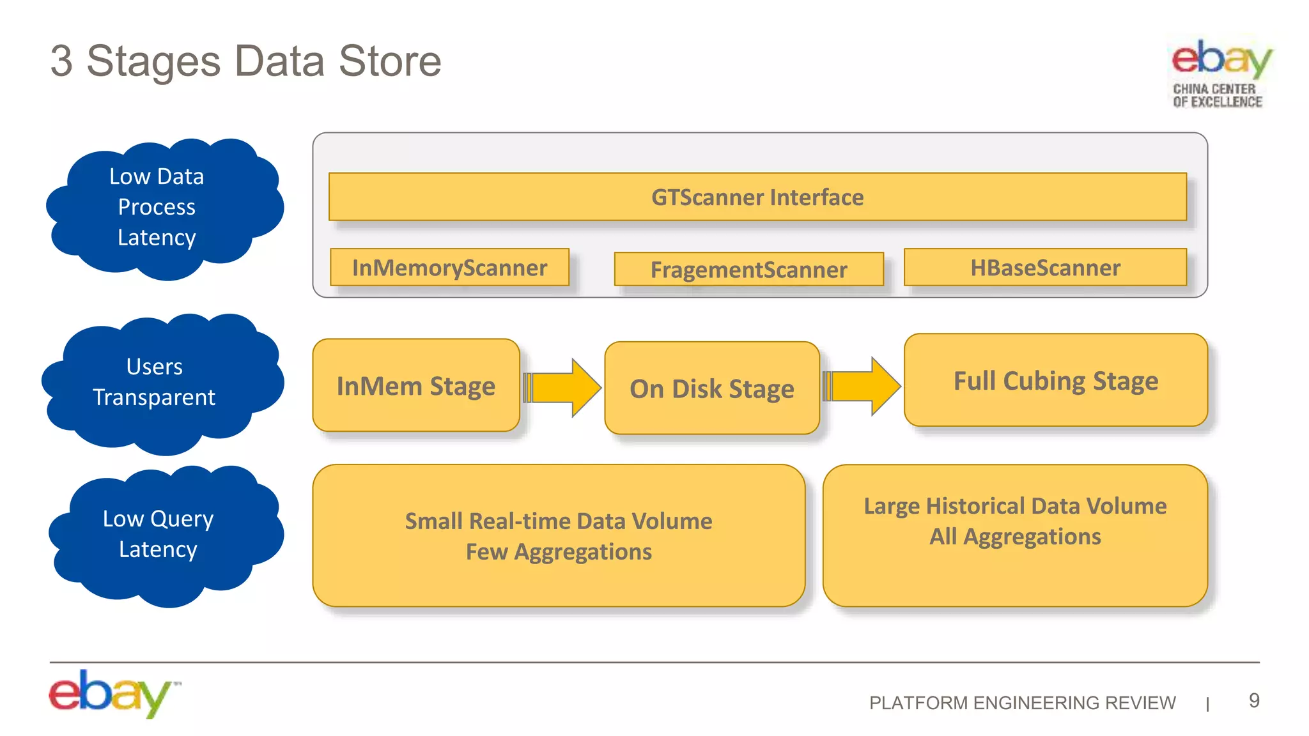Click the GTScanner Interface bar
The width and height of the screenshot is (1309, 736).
point(757,197)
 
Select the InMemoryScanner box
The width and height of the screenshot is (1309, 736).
point(449,267)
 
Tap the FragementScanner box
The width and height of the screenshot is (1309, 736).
point(748,269)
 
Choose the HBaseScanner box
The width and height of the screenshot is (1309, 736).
point(1045,267)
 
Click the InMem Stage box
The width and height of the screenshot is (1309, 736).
point(416,385)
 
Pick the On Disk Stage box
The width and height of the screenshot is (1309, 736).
point(712,388)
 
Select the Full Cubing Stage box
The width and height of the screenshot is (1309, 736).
point(1056,380)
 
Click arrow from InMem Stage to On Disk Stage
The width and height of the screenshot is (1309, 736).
point(562,387)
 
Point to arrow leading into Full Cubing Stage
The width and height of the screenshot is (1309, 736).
point(862,387)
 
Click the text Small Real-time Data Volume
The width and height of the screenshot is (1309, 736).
point(559,521)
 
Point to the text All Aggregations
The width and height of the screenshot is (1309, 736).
point(1015,536)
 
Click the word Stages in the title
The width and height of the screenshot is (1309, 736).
point(153,61)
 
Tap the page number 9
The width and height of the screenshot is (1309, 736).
point(1254,700)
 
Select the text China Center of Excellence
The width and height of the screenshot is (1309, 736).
point(1217,95)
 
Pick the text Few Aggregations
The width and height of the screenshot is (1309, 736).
point(559,551)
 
